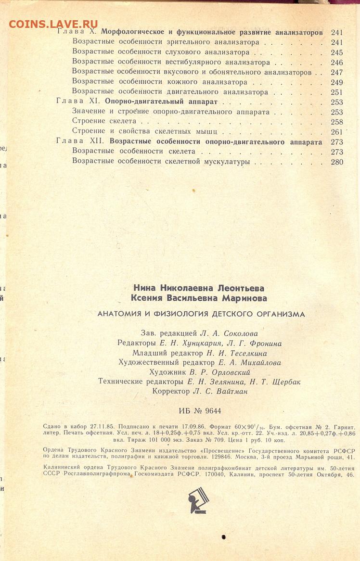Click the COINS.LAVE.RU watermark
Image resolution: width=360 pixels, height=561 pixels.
coord(53,24)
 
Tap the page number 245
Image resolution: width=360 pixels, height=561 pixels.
coord(336,52)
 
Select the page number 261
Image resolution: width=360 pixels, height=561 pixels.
coord(336,132)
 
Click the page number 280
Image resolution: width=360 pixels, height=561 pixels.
coord(337,162)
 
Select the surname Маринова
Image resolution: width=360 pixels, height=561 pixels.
coord(240,298)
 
